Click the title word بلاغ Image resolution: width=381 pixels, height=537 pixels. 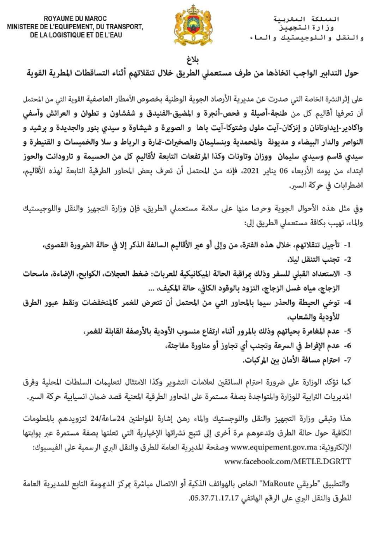tap(191, 54)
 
